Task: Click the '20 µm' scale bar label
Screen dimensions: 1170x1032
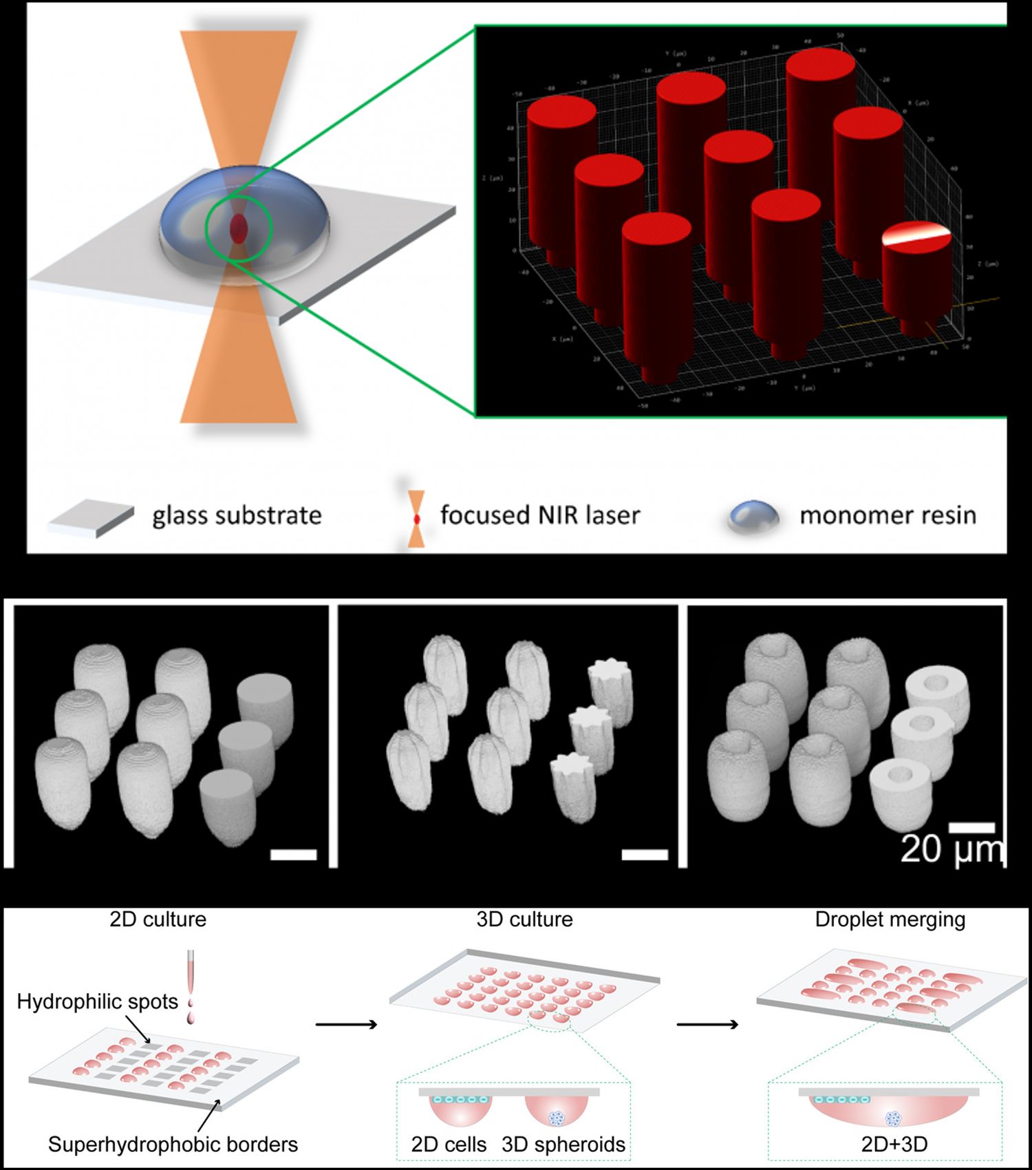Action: pyautogui.click(x=952, y=850)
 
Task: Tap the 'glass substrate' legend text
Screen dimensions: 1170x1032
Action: pyautogui.click(x=237, y=515)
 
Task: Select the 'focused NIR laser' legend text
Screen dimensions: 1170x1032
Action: pyautogui.click(x=540, y=515)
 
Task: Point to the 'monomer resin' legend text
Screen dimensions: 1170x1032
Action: pyautogui.click(x=888, y=515)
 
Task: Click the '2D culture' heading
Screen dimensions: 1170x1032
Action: pyautogui.click(x=158, y=919)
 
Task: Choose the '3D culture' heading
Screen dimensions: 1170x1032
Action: pyautogui.click(x=524, y=919)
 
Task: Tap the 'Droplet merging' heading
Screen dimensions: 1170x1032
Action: pyautogui.click(x=890, y=919)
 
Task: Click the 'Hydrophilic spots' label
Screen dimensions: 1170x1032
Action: pyautogui.click(x=97, y=1001)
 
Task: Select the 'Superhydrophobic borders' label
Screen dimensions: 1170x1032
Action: pyautogui.click(x=173, y=1145)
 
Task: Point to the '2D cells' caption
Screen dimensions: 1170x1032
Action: pyautogui.click(x=449, y=1145)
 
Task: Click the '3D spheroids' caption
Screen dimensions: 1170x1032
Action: pyautogui.click(x=563, y=1145)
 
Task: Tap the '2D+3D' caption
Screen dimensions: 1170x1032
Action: pyautogui.click(x=894, y=1145)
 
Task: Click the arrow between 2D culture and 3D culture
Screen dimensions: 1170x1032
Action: pyautogui.click(x=347, y=1025)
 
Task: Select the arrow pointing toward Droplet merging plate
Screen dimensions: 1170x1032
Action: pyautogui.click(x=707, y=1025)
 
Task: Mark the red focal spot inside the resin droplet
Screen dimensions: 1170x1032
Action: pyautogui.click(x=238, y=226)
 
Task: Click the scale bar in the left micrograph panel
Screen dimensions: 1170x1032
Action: pyautogui.click(x=293, y=855)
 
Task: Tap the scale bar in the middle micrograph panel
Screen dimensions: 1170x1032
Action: pyautogui.click(x=645, y=855)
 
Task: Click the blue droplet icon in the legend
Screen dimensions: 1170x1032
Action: pyautogui.click(x=754, y=516)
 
